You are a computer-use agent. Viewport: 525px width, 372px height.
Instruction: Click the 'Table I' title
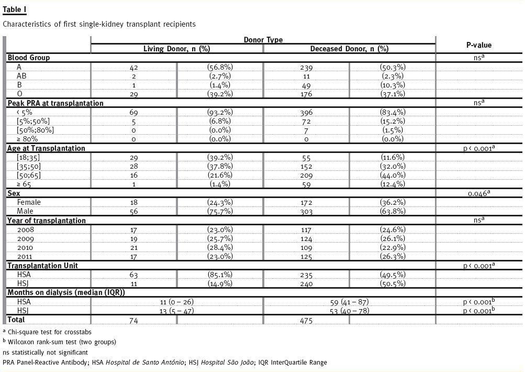point(15,10)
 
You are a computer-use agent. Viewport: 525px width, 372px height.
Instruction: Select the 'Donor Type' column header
point(263,40)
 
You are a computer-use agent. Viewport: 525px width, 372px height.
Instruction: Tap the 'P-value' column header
point(478,45)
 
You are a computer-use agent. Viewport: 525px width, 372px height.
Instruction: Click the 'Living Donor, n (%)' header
point(177,49)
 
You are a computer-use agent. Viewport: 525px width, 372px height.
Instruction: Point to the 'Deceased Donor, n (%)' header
point(349,49)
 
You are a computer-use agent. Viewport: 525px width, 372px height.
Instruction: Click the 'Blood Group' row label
point(28,58)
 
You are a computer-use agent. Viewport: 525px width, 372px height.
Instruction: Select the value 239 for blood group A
point(306,67)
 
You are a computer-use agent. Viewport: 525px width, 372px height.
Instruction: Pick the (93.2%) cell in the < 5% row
point(220,112)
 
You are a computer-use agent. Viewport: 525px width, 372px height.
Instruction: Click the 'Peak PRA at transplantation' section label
point(55,103)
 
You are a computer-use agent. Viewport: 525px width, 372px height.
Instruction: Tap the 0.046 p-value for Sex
point(478,193)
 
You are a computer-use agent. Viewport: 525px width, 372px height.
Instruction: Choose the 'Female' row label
point(29,202)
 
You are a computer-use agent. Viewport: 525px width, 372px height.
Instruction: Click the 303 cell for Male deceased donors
point(306,211)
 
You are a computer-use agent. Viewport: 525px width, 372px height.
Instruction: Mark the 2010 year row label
point(25,247)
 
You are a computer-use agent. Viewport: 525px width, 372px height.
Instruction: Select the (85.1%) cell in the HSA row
point(220,275)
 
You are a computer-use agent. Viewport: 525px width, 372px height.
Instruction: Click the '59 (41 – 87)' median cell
point(349,302)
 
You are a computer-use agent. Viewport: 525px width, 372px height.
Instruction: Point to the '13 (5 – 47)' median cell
point(177,311)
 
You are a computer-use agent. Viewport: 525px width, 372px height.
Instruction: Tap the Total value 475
point(306,320)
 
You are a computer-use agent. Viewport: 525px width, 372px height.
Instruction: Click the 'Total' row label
point(16,320)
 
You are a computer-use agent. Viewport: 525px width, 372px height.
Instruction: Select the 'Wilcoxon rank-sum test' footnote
point(62,342)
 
